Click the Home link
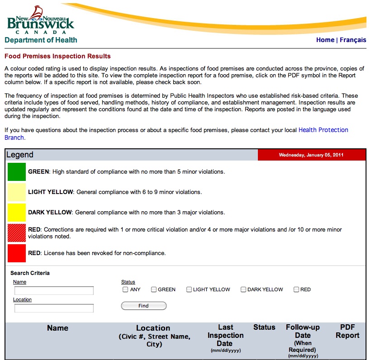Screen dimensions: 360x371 [325, 40]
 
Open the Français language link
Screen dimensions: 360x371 [353, 40]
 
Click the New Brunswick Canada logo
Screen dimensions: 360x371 [40, 20]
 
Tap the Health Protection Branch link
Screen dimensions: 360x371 [323, 130]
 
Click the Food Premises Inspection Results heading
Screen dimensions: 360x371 [57, 57]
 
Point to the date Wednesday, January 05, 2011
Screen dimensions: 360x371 [311, 155]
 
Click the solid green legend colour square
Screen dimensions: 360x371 [17, 172]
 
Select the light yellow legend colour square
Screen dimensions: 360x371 [17, 192]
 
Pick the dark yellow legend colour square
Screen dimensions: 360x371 [17, 213]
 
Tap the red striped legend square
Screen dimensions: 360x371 [17, 233]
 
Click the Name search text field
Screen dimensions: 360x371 [54, 290]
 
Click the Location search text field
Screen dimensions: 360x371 [54, 308]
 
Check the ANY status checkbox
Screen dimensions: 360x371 [125, 289]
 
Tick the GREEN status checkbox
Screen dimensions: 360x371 [154, 289]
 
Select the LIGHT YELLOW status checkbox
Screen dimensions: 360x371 [189, 289]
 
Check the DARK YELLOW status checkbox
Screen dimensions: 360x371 [243, 289]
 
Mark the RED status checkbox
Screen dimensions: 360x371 [296, 289]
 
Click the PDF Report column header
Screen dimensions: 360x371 [347, 332]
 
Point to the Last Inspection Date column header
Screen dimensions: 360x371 [225, 335]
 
